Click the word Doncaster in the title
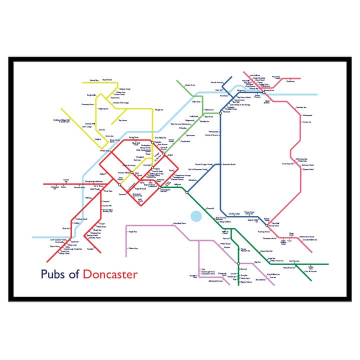click(x=110, y=274)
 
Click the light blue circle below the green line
click(x=195, y=216)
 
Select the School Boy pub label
click(x=94, y=80)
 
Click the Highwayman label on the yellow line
click(x=103, y=109)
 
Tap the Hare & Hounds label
click(x=216, y=81)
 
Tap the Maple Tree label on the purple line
click(x=132, y=231)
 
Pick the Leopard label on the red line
click(x=105, y=201)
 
